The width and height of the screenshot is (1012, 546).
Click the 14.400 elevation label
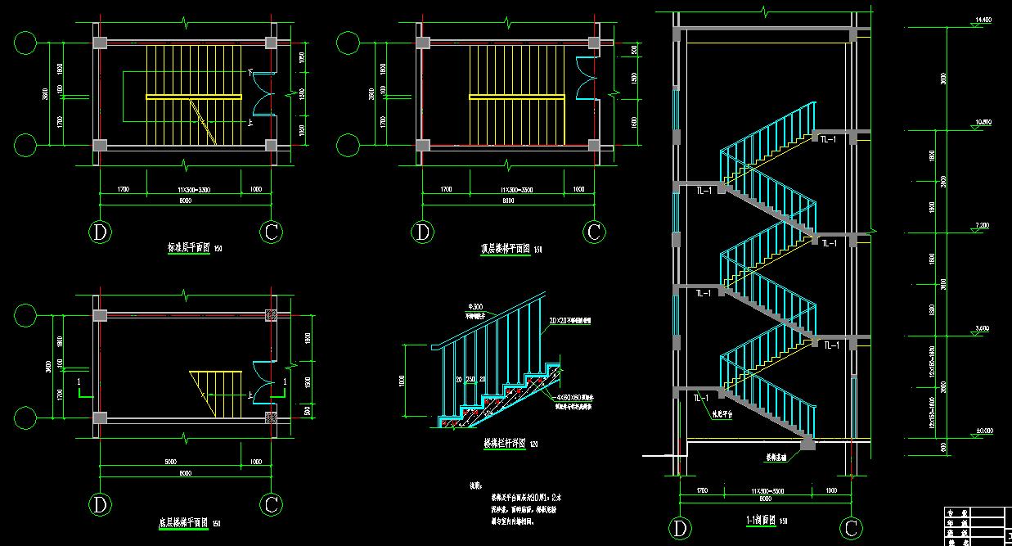(x=983, y=19)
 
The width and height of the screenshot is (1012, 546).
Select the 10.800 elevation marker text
(x=983, y=122)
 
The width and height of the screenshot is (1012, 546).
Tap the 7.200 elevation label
(x=983, y=225)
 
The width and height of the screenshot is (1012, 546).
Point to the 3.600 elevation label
(x=983, y=328)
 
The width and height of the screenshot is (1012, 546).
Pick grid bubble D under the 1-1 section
(x=680, y=529)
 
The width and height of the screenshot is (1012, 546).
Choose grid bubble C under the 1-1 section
(x=851, y=529)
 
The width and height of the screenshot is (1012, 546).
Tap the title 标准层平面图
(x=188, y=246)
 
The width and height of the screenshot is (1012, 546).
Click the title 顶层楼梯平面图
(x=506, y=249)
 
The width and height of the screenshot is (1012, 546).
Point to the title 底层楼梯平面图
(x=183, y=523)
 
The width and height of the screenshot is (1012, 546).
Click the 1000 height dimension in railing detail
(x=402, y=381)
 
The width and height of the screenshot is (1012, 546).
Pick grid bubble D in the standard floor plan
(x=101, y=232)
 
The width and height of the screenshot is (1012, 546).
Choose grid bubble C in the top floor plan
(x=595, y=232)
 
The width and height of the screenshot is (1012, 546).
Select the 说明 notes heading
(x=475, y=485)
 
